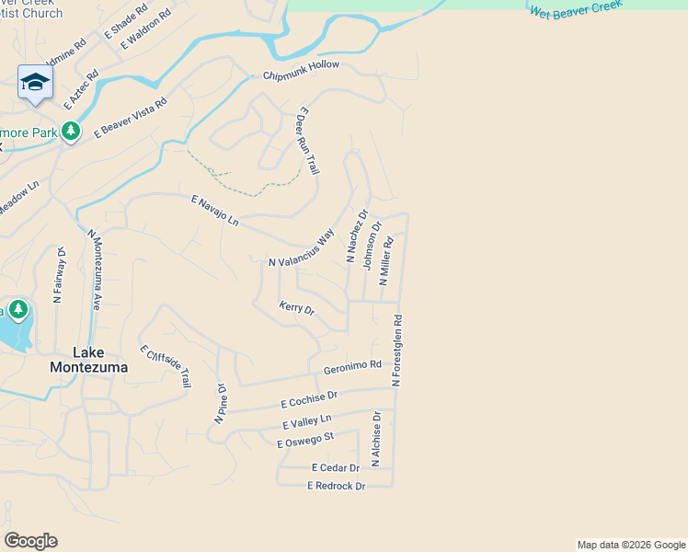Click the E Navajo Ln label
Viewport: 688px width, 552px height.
[x=214, y=212]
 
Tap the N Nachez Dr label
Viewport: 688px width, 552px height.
[x=357, y=236]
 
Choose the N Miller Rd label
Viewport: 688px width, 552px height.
[x=387, y=262]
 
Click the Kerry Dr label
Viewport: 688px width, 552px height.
[x=296, y=308]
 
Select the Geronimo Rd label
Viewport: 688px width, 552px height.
[x=352, y=367]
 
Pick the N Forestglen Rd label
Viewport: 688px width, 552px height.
[x=398, y=351]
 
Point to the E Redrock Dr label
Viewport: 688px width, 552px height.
[x=336, y=486]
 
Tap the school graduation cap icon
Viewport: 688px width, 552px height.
[x=35, y=82]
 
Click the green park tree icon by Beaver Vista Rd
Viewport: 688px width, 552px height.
[x=70, y=132]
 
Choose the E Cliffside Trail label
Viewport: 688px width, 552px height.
[x=166, y=366]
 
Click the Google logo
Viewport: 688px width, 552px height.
[x=30, y=541]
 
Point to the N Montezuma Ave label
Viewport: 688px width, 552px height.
[x=95, y=268]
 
